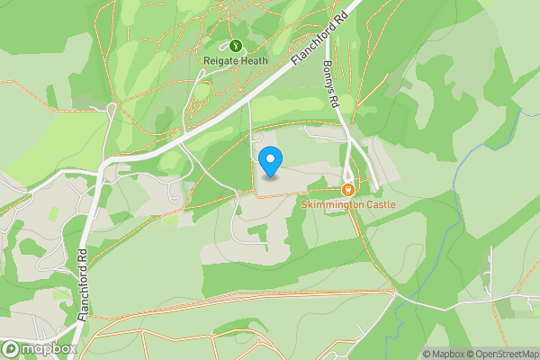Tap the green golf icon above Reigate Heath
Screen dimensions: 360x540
[236, 44]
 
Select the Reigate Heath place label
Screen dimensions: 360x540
[236, 60]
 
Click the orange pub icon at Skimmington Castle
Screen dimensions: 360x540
[347, 189]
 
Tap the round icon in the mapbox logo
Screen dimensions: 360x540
[12, 348]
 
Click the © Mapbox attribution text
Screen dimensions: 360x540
[445, 354]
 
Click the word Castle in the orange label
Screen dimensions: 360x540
[379, 205]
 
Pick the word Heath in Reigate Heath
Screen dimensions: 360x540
[255, 60]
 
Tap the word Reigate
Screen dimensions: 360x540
[221, 60]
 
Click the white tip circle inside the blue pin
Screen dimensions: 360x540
[270, 159]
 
